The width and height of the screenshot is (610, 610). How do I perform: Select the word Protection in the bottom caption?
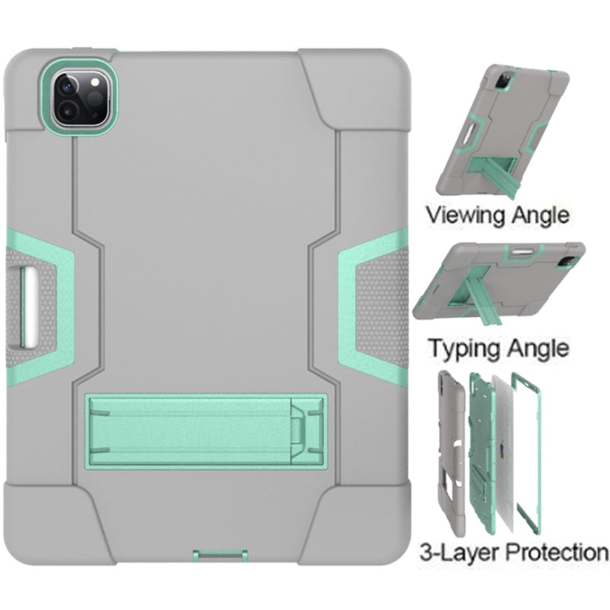557,553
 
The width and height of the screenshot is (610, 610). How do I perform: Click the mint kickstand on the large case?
206,429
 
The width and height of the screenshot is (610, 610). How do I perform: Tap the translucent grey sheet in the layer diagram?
503,452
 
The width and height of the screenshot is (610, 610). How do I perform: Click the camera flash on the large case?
94,82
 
